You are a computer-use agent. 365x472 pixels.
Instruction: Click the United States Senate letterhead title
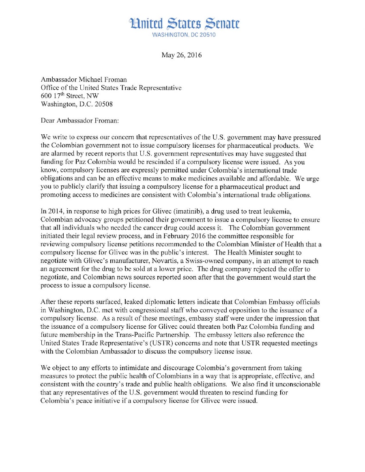[x=184, y=24]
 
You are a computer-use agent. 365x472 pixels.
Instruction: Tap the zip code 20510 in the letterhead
[x=207, y=35]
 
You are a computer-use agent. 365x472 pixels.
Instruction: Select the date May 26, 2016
[x=181, y=55]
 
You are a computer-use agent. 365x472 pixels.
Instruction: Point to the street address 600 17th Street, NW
[x=70, y=96]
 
